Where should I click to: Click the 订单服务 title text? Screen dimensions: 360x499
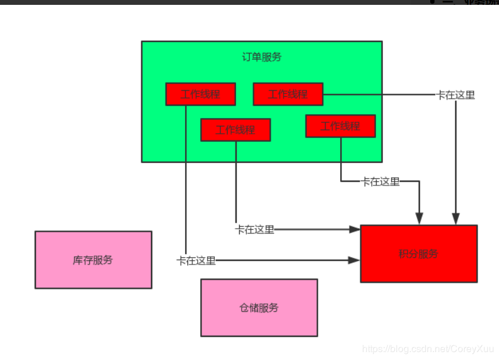point(262,57)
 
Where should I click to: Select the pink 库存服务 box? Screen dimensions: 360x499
point(93,260)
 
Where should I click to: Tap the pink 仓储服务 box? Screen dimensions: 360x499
point(259,308)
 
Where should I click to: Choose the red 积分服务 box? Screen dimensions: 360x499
point(419,254)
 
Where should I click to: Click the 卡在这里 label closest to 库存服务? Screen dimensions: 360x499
point(196,261)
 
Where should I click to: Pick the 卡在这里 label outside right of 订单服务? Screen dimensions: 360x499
point(456,95)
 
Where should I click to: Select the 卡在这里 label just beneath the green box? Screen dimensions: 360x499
point(380,181)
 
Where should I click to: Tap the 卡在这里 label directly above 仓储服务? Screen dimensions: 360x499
point(255,229)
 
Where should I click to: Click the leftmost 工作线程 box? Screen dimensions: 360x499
point(200,94)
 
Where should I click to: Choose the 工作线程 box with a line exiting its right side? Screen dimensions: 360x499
point(288,94)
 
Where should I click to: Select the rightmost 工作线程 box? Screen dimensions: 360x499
point(340,126)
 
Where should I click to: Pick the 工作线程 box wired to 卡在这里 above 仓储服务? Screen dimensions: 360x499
point(236,130)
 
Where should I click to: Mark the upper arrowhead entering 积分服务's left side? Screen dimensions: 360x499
point(355,229)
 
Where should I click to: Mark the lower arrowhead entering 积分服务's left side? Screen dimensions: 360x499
point(355,260)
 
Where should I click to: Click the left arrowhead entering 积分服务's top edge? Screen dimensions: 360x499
point(419,218)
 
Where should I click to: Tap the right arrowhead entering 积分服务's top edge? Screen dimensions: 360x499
point(456,218)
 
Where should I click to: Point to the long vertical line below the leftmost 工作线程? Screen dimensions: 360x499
point(186,182)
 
